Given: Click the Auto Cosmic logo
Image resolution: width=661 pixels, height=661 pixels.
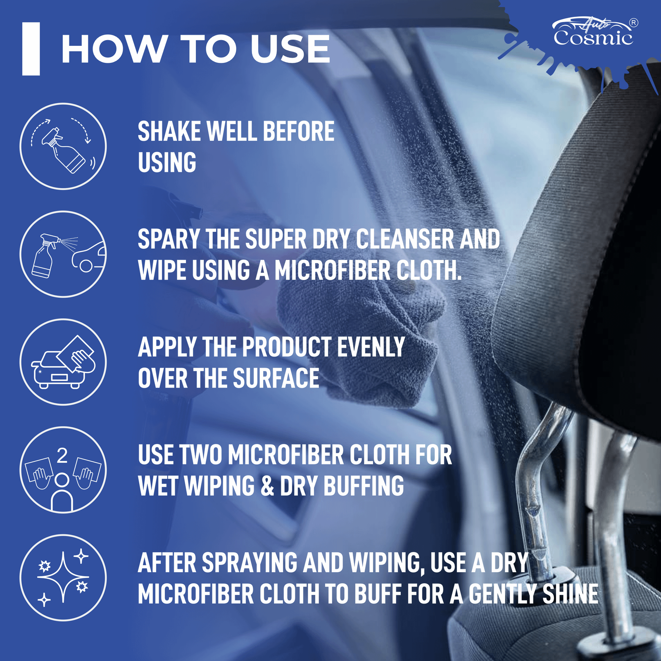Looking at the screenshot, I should (x=593, y=33).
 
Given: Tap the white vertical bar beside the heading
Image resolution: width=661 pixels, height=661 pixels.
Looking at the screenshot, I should (x=31, y=49).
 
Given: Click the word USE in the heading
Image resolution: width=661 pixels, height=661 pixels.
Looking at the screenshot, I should (x=290, y=49).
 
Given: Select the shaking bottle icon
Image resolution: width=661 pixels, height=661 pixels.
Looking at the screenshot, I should (x=63, y=146).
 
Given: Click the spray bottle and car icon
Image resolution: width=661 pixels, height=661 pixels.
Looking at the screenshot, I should (x=63, y=254).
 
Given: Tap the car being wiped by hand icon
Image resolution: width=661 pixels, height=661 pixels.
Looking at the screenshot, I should (x=63, y=362).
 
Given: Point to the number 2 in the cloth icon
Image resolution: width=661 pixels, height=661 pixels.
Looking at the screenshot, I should (x=62, y=456).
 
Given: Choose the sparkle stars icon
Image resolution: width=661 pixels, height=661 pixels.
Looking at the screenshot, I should (x=63, y=578).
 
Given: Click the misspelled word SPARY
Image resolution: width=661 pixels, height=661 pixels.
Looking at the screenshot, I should (x=169, y=239).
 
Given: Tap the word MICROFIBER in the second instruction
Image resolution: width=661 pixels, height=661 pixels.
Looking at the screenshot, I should (x=333, y=271).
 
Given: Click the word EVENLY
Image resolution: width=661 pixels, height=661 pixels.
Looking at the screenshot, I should (x=371, y=347).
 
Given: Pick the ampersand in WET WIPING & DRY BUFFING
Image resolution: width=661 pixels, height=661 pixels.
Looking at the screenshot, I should (x=267, y=486).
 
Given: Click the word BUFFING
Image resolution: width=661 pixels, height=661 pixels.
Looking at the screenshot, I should (x=364, y=486).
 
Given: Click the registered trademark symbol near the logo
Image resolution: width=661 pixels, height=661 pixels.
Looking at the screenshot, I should (x=633, y=23).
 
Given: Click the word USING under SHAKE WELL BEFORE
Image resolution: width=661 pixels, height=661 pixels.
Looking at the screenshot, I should (x=167, y=163).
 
